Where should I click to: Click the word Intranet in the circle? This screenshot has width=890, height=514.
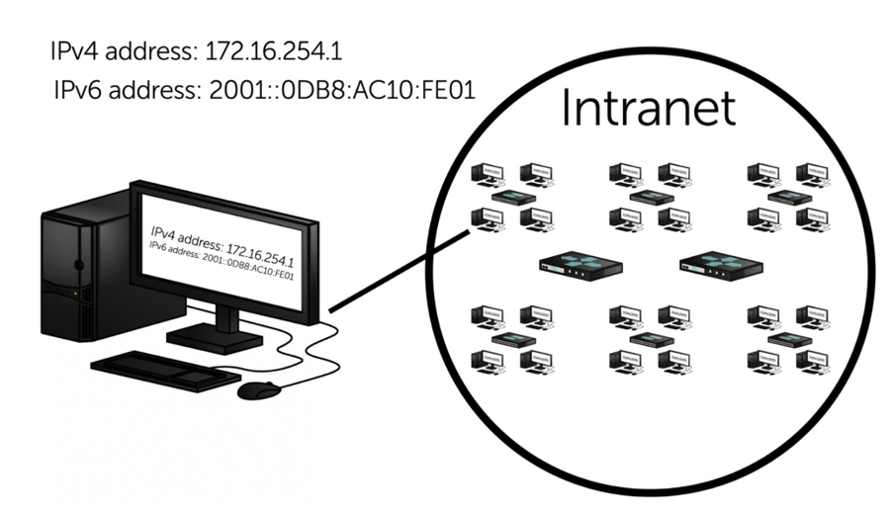648,109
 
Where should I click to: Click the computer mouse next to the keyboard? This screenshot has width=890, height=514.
259,389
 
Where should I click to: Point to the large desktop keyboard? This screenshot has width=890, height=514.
164,372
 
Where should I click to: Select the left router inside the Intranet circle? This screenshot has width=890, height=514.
580,264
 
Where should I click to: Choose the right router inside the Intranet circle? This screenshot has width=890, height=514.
721,264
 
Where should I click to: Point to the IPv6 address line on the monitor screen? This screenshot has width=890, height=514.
222,262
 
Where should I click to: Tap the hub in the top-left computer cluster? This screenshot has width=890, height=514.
513,197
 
